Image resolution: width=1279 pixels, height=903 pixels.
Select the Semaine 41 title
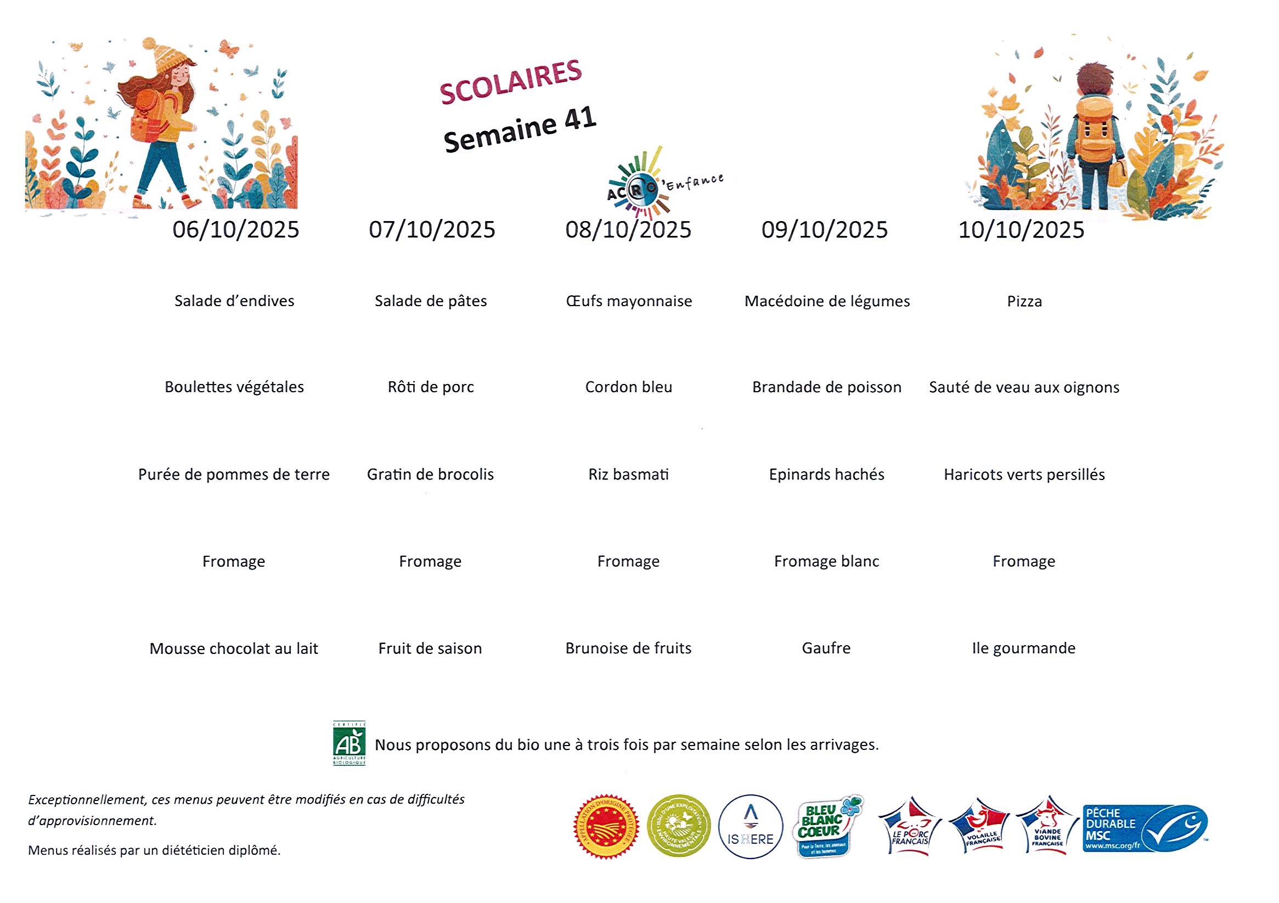[520, 130]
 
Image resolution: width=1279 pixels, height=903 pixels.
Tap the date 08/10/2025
[628, 229]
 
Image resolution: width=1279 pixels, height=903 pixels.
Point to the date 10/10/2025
[1021, 230]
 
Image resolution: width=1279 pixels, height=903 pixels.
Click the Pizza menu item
[1024, 301]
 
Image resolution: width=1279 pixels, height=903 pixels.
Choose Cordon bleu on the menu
[628, 387]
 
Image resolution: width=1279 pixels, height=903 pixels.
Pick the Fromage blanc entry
[826, 561]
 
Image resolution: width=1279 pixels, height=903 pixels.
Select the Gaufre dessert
[826, 648]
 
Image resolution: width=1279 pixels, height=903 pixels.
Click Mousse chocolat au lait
[233, 648]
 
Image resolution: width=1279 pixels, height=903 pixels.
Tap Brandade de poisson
[827, 387]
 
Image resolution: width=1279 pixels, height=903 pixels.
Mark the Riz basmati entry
[628, 474]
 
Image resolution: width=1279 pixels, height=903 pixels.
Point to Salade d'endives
[234, 301]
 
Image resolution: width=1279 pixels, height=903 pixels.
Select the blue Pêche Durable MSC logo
[1145, 828]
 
